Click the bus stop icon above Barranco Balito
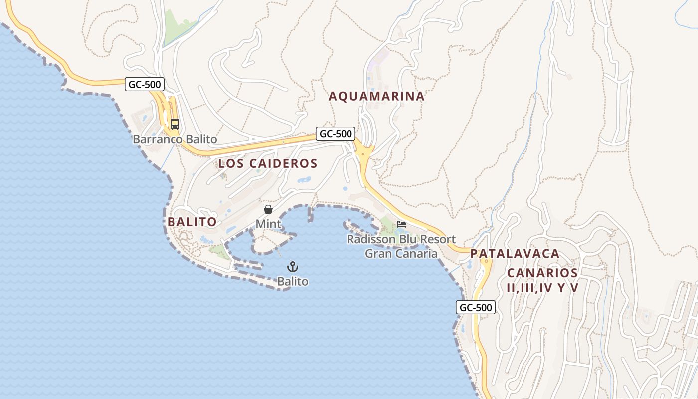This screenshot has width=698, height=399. click(174, 124)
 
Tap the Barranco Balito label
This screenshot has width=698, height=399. click(174, 139)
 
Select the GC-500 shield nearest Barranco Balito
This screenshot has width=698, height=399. click(145, 84)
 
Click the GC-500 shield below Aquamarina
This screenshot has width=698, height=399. click(336, 134)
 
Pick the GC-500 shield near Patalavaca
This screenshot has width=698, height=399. click(476, 307)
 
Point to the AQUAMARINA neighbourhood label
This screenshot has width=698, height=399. click(376, 96)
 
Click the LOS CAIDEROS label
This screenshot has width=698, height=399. click(268, 163)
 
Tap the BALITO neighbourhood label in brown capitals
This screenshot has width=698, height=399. click(192, 222)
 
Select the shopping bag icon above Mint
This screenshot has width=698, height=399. click(268, 209)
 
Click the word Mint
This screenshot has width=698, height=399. click(268, 224)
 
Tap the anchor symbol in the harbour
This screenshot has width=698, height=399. click(293, 267)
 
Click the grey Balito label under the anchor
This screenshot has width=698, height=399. click(293, 282)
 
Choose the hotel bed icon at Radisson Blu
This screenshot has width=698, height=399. click(401, 224)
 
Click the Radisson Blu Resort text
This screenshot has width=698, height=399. click(401, 239)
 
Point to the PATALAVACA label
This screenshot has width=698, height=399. click(515, 254)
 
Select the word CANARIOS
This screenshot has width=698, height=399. click(542, 273)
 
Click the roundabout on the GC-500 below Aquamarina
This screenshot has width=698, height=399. click(364, 152)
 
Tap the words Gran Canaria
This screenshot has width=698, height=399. click(401, 254)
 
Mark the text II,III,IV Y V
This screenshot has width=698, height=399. click(542, 288)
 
